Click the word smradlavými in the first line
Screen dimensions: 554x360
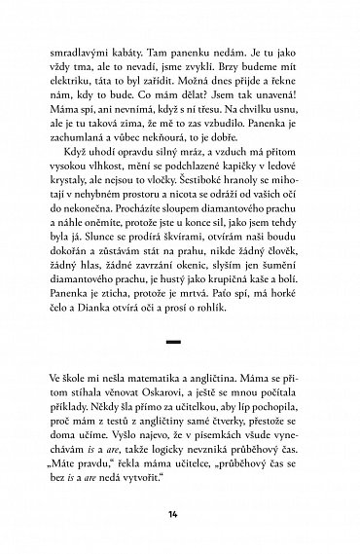pos(86,44)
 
